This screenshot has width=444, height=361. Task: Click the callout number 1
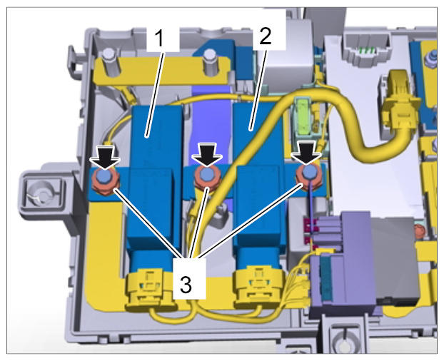coord(159,39)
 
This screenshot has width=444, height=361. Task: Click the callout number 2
coord(266,36)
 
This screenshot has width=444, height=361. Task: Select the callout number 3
coord(186,285)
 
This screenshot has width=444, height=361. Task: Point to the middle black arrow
coord(207,154)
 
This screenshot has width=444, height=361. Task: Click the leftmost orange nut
coord(106,181)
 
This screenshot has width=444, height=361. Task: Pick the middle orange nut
coord(207,178)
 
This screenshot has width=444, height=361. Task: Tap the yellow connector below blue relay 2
coord(258,286)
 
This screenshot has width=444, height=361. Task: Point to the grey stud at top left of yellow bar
coord(109,63)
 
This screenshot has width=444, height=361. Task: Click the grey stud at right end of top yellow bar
coord(210,63)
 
